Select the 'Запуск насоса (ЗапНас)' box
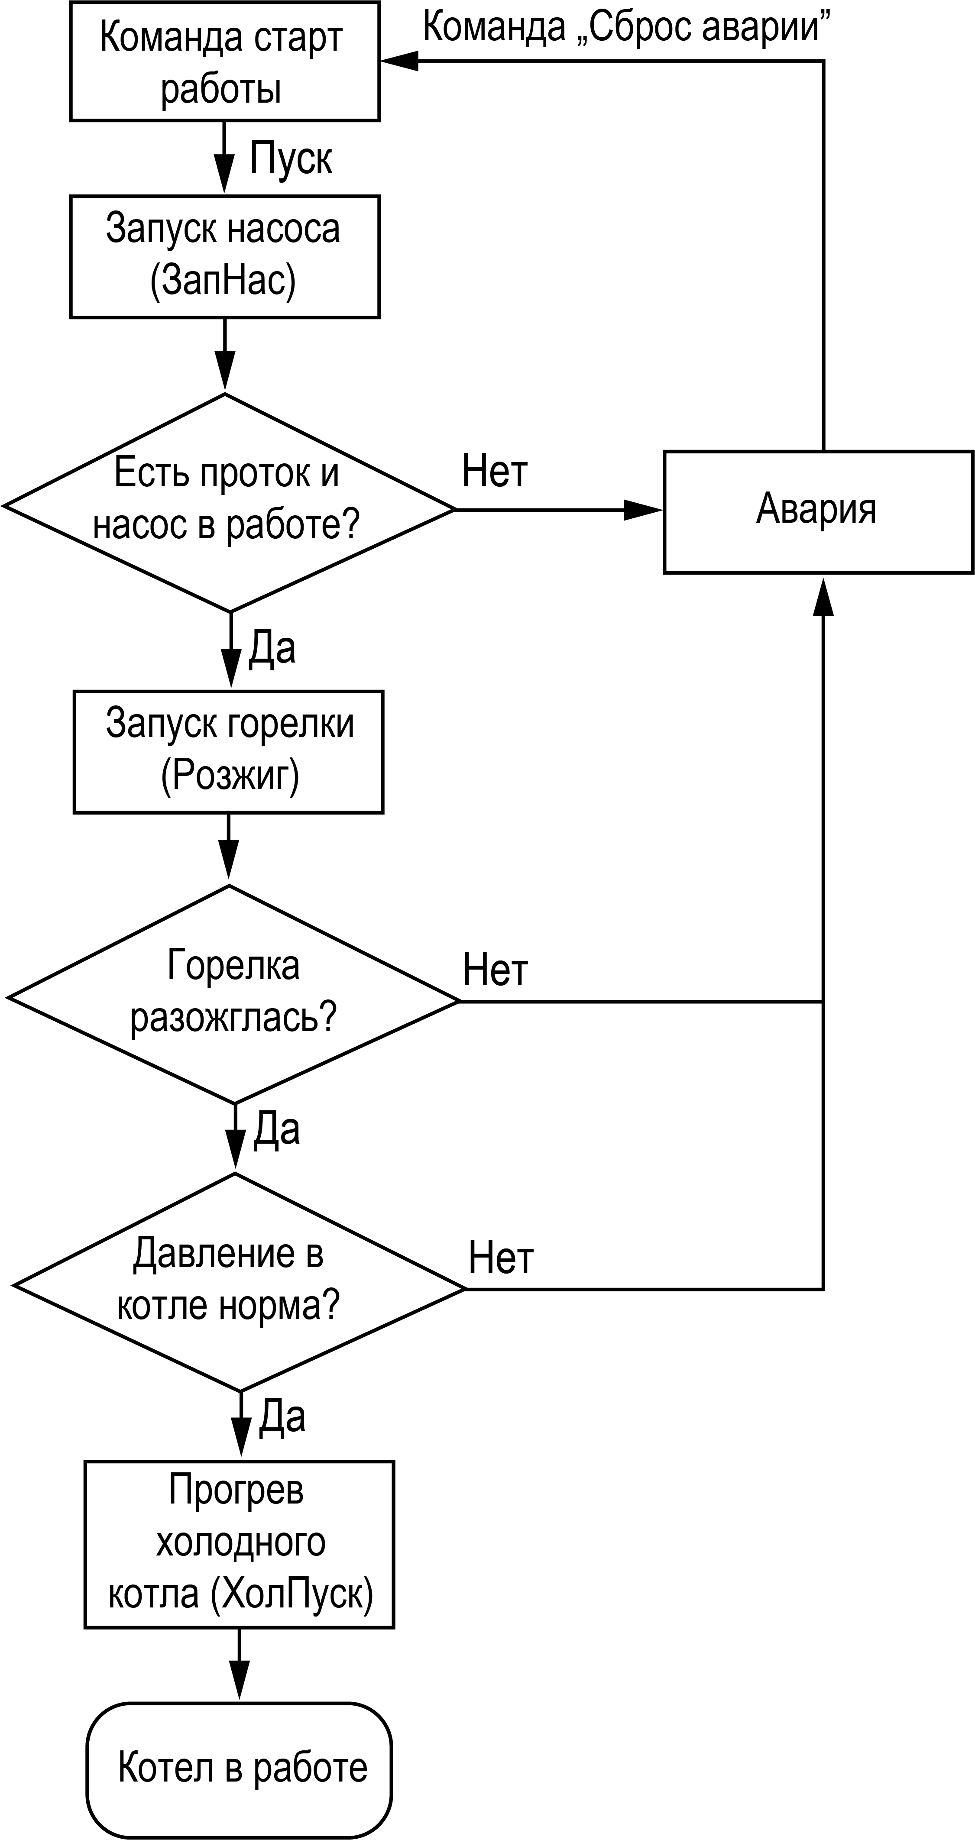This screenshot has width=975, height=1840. coord(224,256)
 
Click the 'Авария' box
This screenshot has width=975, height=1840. coord(818,511)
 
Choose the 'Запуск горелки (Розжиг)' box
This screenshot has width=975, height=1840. coord(229,751)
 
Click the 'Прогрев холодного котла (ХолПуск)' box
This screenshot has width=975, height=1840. coord(239,1544)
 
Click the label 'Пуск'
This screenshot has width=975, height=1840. coord(291,158)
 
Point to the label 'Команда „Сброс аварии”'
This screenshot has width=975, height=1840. coord(626,27)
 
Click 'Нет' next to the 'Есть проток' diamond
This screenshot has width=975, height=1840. coord(494,472)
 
